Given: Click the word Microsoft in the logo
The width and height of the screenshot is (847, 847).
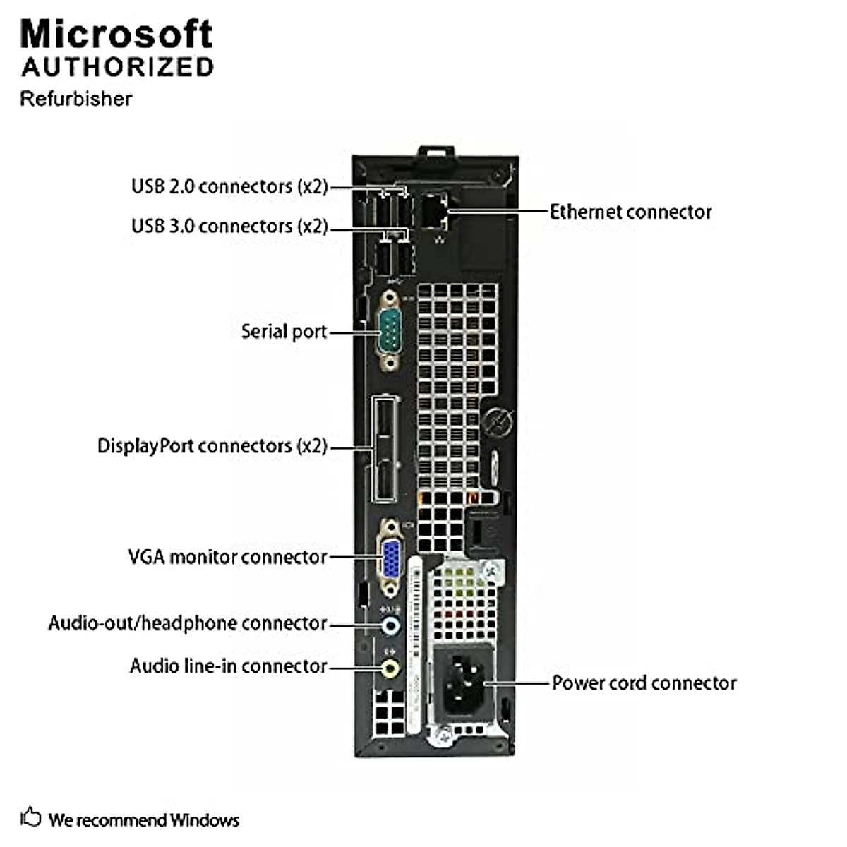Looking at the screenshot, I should (116, 34).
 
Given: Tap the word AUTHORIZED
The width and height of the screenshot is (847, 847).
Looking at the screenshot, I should (117, 67).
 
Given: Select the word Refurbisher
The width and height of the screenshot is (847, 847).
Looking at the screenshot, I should (76, 98).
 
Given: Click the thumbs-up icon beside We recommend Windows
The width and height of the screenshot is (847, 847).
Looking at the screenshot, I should (30, 817).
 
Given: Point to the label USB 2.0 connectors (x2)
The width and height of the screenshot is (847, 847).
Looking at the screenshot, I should (229, 186).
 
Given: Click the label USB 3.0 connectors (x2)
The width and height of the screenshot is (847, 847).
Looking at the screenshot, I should (229, 226).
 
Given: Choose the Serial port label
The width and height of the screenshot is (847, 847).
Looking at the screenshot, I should (284, 331).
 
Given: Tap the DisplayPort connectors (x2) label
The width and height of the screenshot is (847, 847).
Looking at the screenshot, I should (212, 446).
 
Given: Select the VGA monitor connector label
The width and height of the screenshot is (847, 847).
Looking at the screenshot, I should (227, 557).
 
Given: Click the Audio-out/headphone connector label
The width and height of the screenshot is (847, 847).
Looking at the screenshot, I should (188, 623).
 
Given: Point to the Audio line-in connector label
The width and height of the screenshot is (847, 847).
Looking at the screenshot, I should (228, 666).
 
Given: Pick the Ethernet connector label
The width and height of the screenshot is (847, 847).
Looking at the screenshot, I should (630, 212).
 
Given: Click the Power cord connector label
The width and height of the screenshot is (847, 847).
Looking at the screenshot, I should (644, 683).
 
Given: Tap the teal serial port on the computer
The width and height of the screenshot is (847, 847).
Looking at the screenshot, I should (389, 331).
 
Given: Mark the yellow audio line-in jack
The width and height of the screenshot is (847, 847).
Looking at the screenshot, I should (389, 666).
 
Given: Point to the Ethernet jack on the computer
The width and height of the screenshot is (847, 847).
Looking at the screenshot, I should (433, 210).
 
